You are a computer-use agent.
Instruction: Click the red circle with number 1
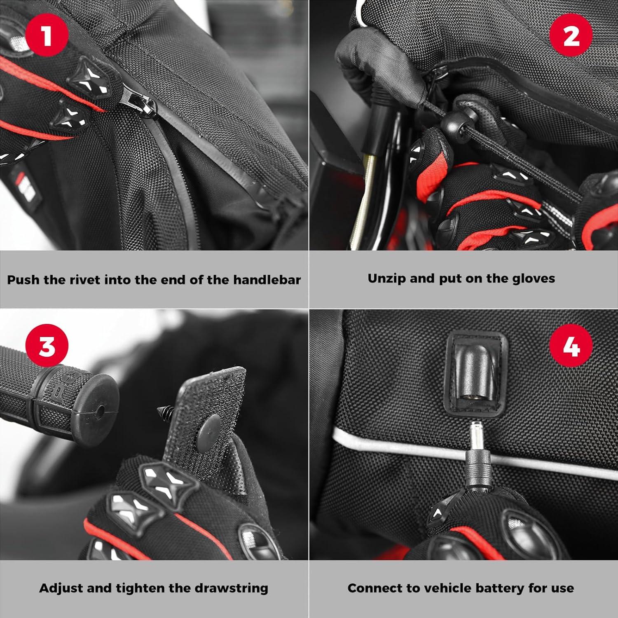[x=47, y=35]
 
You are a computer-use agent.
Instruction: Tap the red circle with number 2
[x=571, y=35]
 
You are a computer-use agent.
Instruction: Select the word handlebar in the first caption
[x=267, y=280]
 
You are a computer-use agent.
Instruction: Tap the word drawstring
[x=232, y=588]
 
